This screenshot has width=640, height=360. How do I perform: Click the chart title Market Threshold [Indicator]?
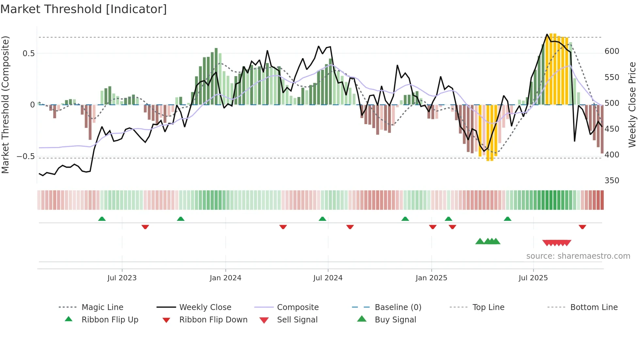84,9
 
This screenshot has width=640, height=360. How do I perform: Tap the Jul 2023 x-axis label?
122,278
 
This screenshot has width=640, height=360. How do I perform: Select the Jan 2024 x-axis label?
225,278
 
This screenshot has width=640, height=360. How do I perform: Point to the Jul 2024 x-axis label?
328,278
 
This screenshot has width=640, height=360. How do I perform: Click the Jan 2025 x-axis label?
431,278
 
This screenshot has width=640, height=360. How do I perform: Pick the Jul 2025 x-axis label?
533,278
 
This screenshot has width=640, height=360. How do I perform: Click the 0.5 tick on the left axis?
28,54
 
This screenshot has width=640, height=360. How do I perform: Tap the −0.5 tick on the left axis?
26,156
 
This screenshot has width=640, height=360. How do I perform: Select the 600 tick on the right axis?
612,51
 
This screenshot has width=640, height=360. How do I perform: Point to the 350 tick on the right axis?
612,181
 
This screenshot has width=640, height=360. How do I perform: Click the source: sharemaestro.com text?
578,256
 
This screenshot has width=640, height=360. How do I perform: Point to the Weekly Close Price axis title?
632,105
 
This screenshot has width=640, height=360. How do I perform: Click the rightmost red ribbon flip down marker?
582,227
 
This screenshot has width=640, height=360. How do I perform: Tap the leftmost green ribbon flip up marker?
102,219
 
